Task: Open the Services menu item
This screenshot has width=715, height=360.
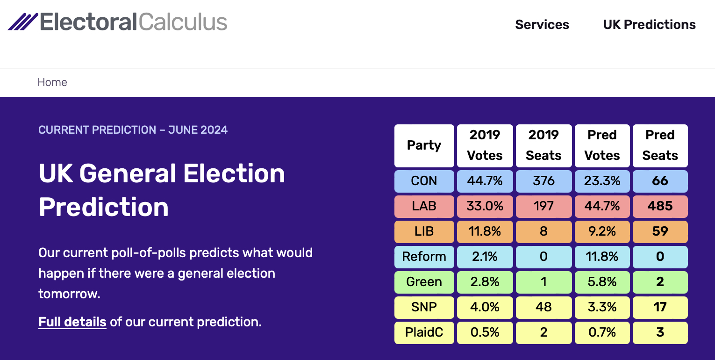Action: pyautogui.click(x=542, y=25)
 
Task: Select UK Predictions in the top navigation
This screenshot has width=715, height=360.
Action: pyautogui.click(x=649, y=25)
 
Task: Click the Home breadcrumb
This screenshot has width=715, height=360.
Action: pyautogui.click(x=52, y=82)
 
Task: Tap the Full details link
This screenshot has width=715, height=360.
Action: pyautogui.click(x=72, y=322)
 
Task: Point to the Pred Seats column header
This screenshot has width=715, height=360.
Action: pyautogui.click(x=660, y=146)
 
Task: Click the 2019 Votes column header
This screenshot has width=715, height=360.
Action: pyautogui.click(x=485, y=146)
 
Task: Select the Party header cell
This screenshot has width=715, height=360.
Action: pyautogui.click(x=424, y=146)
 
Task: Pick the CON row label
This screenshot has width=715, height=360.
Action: pyautogui.click(x=424, y=181)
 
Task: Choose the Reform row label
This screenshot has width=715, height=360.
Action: pyautogui.click(x=424, y=257)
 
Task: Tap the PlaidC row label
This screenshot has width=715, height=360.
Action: pyautogui.click(x=424, y=332)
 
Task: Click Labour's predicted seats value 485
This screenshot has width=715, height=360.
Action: pyautogui.click(x=660, y=206)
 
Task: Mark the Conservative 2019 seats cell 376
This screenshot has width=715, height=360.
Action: pyautogui.click(x=544, y=181)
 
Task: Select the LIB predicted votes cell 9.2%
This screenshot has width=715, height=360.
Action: pyautogui.click(x=602, y=231)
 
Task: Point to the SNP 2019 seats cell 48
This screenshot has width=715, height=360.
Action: pyautogui.click(x=544, y=307)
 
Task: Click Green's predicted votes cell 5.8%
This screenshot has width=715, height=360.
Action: pyautogui.click(x=602, y=282)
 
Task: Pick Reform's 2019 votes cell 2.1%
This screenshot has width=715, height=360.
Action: pyautogui.click(x=485, y=257)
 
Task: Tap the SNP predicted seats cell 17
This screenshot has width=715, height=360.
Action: pyautogui.click(x=660, y=307)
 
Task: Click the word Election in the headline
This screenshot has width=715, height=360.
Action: pyautogui.click(x=234, y=173)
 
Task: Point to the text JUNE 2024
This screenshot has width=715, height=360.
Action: pyautogui.click(x=198, y=130)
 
